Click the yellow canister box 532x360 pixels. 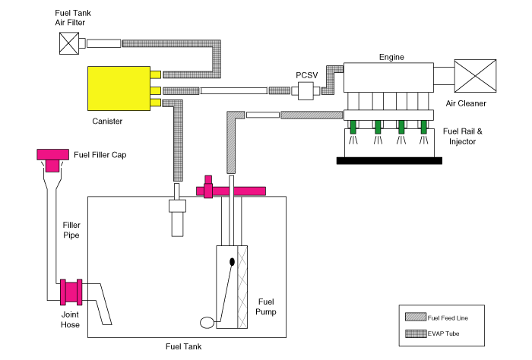pyautogui.click(x=119, y=88)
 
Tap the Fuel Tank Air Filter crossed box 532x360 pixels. pyautogui.click(x=69, y=43)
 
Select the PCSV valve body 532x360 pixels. pyautogui.click(x=306, y=91)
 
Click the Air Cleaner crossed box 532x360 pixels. pyautogui.click(x=475, y=76)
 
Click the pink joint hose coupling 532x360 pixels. pyautogui.click(x=71, y=292)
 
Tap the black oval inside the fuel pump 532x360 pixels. pyautogui.click(x=232, y=262)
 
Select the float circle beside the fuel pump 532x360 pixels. pyautogui.click(x=207, y=323)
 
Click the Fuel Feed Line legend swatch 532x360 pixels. pyautogui.click(x=416, y=317)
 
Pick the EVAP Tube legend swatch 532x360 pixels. pyautogui.click(x=416, y=333)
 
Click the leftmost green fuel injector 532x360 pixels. pyautogui.click(x=353, y=127)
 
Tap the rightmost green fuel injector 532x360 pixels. pyautogui.click(x=424, y=127)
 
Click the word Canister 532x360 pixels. pyautogui.click(x=107, y=121)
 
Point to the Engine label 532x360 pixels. pyautogui.click(x=391, y=57)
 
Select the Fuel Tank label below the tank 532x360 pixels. pyautogui.click(x=184, y=346)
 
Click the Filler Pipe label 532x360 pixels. pyautogui.click(x=71, y=230)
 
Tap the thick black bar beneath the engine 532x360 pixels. pyautogui.click(x=389, y=161)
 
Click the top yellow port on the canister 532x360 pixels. pyautogui.click(x=155, y=74)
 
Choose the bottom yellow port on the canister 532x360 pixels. pyautogui.click(x=155, y=103)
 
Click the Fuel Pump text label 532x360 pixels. pyautogui.click(x=266, y=306)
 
